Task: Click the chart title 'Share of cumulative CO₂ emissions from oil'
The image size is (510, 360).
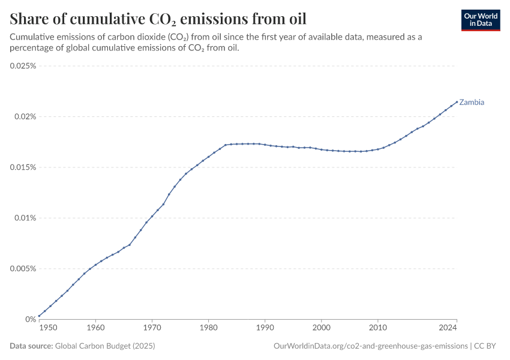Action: pos(158,17)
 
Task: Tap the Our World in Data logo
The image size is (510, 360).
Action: pos(481,20)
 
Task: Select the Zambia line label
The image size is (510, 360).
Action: pos(472,102)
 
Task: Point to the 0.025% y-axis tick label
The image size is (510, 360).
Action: pos(23,66)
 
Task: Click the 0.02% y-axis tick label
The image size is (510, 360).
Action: pos(25,116)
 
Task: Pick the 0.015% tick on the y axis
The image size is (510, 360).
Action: pos(23,167)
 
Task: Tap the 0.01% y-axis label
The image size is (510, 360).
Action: pos(25,218)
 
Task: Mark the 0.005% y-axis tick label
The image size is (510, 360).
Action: pos(23,269)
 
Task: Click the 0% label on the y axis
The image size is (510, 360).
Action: pos(31,319)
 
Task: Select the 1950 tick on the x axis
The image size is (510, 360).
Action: pos(49,328)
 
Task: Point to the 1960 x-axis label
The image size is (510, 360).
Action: pos(95,328)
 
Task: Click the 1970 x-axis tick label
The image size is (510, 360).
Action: pos(152,328)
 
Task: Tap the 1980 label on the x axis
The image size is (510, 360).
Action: pos(208,328)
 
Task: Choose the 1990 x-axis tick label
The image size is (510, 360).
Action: pos(265,328)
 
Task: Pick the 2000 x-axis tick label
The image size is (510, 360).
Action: pos(322,328)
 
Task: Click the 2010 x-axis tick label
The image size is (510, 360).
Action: pos(378,328)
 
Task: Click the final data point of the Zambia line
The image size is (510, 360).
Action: pos(457,101)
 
